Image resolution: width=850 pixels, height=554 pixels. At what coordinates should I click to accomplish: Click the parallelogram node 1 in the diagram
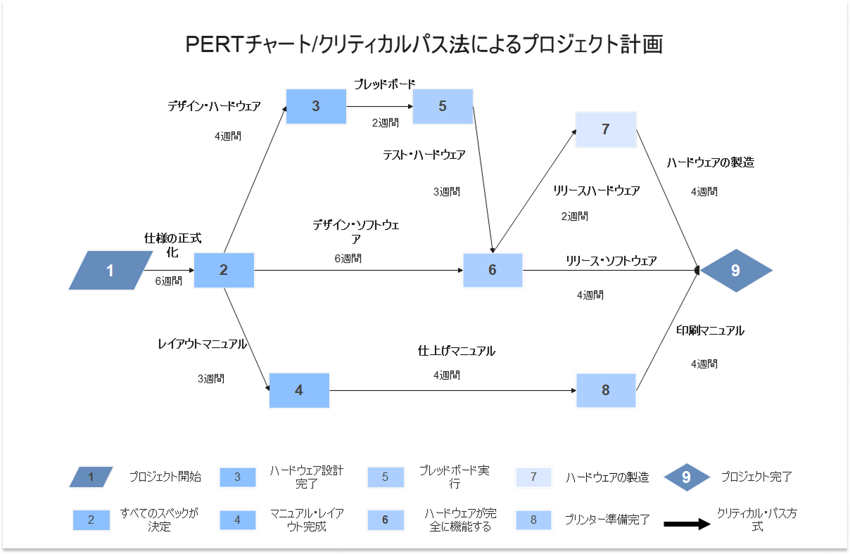pos(110,271)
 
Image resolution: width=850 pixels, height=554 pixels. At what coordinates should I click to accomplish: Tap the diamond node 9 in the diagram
pos(735,269)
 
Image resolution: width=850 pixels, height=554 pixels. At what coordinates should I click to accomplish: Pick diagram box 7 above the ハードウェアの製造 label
pos(606,129)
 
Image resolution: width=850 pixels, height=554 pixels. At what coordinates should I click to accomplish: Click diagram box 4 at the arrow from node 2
pos(299,390)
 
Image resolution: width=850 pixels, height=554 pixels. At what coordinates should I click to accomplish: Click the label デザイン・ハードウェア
pos(214,107)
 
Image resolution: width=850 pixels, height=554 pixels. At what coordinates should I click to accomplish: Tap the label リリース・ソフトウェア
pos(611,261)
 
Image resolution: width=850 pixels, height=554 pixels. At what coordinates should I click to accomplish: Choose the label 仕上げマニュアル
pos(456,351)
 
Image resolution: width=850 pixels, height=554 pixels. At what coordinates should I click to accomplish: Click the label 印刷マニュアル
pos(710,330)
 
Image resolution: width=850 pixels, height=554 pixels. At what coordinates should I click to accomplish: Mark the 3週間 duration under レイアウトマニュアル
pos(210,378)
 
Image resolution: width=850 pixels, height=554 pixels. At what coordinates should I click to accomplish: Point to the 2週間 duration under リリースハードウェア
pos(575,217)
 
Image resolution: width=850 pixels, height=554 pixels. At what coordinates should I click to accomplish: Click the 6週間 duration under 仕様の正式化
pos(169,281)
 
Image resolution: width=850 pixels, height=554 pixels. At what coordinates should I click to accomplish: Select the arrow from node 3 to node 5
pos(379,107)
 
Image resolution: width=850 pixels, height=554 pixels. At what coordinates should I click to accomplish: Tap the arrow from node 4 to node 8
pos(452,390)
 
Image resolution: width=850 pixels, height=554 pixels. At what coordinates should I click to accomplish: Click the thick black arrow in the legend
pos(687,524)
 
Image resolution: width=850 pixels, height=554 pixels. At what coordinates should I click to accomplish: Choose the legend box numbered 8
pos(533,520)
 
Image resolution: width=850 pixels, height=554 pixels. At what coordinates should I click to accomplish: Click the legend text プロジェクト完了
pos(756,477)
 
